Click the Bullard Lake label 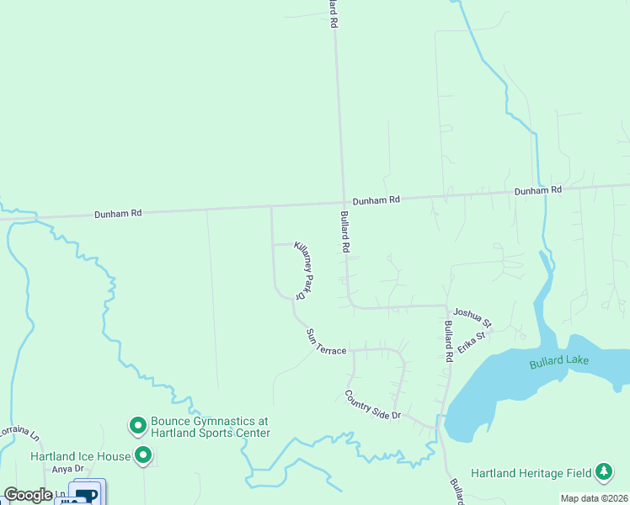click(x=559, y=363)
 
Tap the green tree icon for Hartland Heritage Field click(x=604, y=472)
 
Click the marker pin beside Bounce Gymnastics click(x=137, y=426)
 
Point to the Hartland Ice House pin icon click(x=143, y=456)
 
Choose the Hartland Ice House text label click(x=80, y=456)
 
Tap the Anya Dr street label click(x=69, y=469)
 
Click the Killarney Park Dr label click(x=304, y=269)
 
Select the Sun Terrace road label click(x=326, y=342)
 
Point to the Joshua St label click(x=472, y=317)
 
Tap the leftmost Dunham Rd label click(x=118, y=214)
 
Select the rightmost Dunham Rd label click(x=538, y=191)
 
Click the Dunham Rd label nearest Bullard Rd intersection click(x=376, y=200)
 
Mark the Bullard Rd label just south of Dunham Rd click(x=344, y=231)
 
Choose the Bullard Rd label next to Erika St click(x=449, y=341)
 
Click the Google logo click(x=28, y=495)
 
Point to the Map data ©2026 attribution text click(x=594, y=498)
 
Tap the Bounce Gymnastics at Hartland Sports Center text click(x=210, y=427)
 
